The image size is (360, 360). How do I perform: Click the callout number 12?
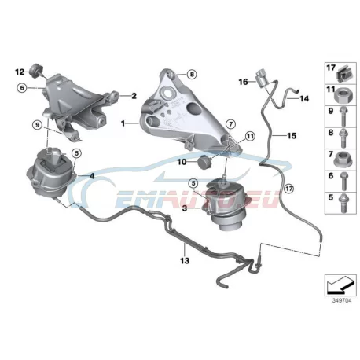20,72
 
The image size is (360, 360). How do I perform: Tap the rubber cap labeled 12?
35,70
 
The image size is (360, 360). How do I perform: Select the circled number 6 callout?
22,88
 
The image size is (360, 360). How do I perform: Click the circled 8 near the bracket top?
192,75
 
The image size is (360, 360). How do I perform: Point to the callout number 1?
123,123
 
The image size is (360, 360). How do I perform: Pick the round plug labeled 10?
205,163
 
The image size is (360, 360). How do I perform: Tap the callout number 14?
304,98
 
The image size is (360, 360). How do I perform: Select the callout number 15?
292,136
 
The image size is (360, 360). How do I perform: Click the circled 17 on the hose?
288,188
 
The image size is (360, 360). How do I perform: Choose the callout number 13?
185,261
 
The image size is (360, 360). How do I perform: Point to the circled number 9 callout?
38,125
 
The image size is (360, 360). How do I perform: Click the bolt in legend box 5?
343,204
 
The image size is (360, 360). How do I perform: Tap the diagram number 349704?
342,300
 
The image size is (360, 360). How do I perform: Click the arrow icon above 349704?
340,285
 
